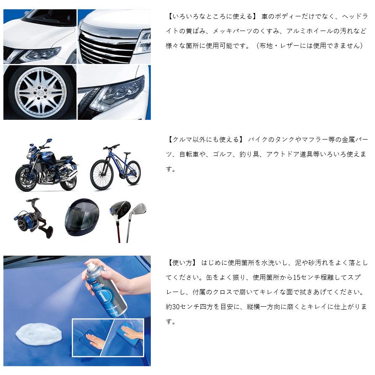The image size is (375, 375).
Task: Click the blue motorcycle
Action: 46,166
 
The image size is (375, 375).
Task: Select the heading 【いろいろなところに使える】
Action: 211,17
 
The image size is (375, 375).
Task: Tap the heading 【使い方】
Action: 181,263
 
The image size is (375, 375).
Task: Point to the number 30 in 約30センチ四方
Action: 179,307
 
